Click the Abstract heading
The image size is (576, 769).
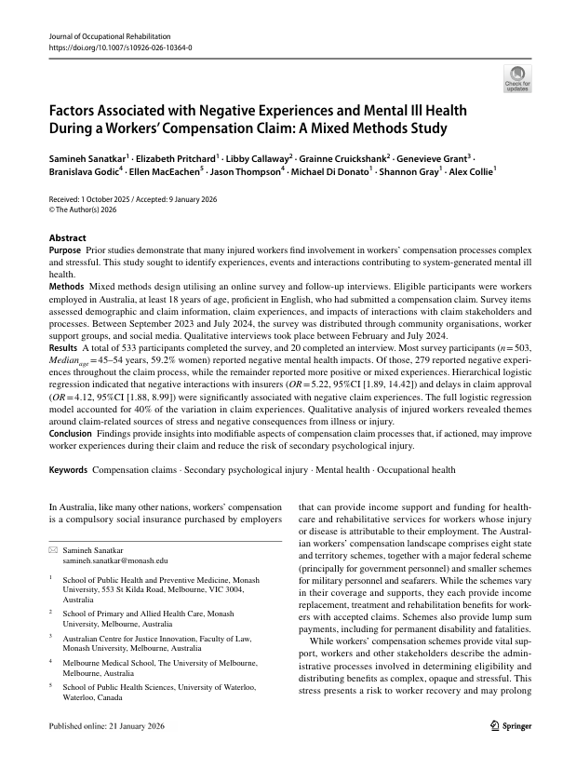(66, 237)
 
